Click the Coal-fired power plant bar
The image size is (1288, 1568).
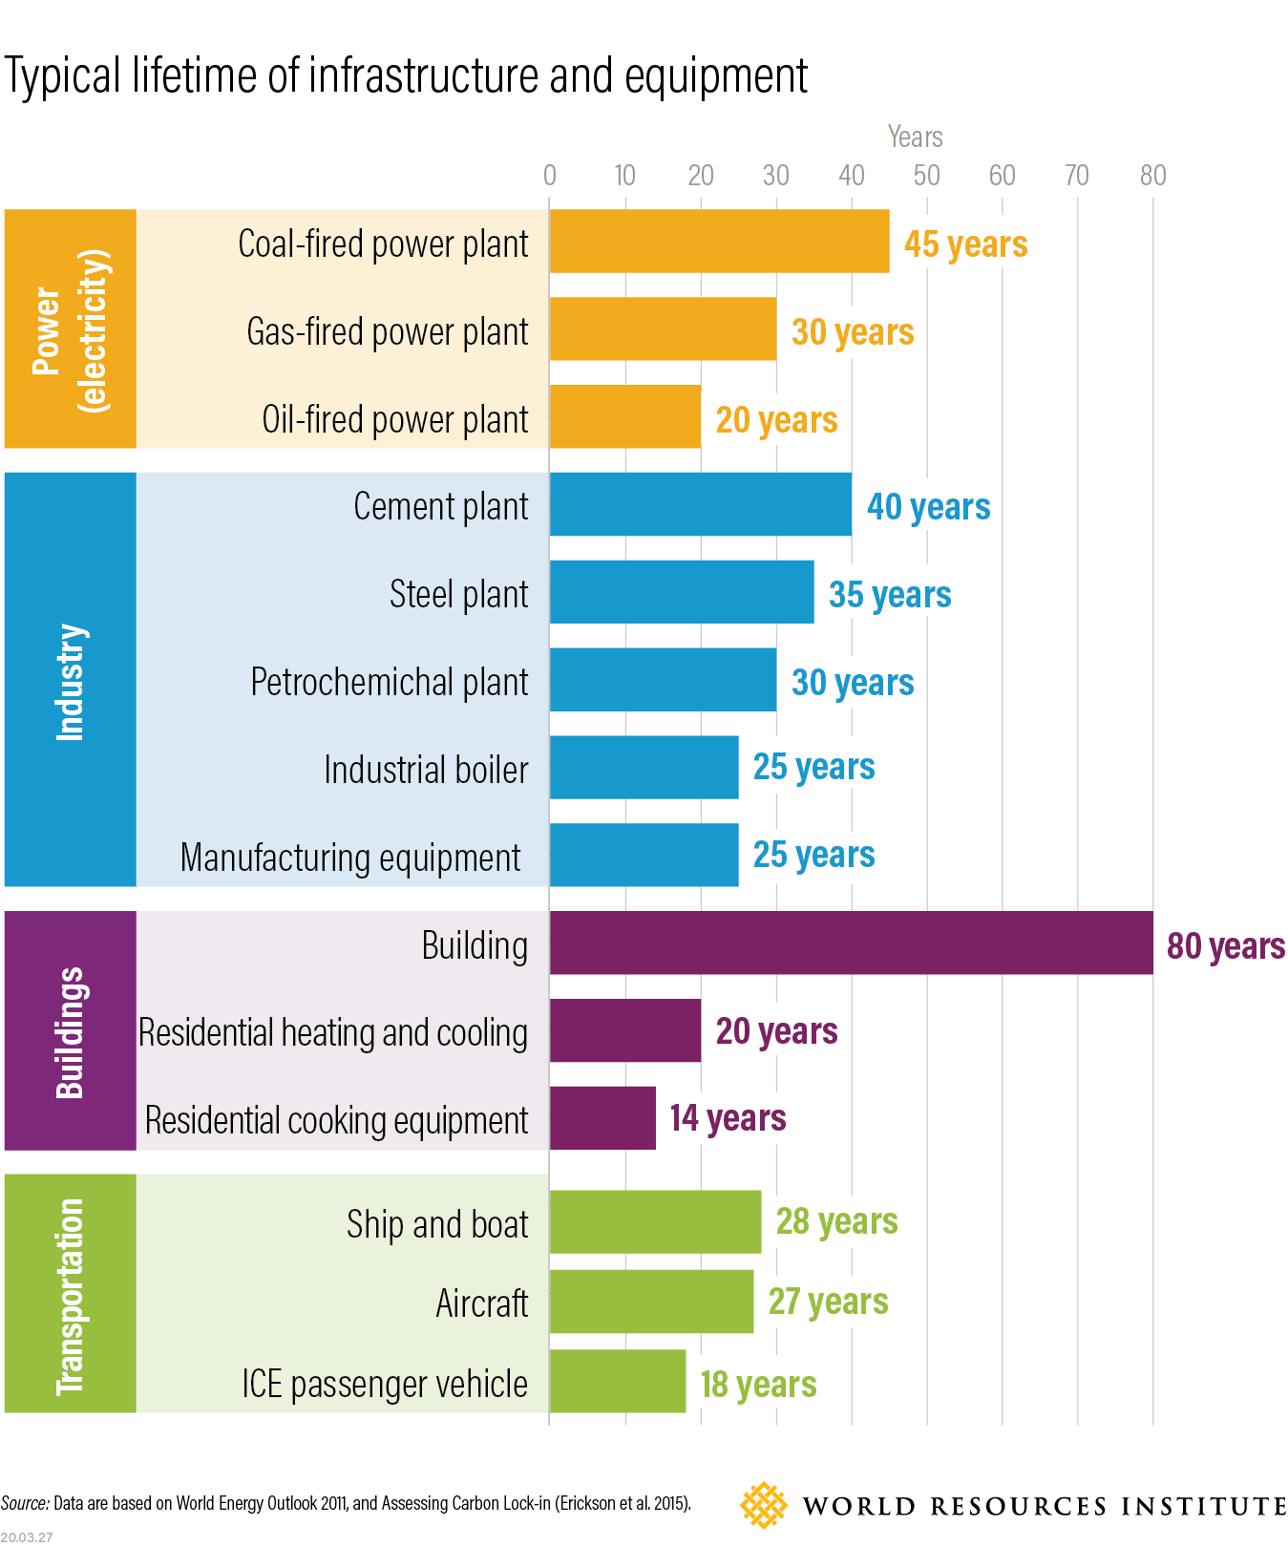[719, 242]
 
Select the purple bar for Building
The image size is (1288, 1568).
[851, 943]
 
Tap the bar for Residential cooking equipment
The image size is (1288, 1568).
[602, 1118]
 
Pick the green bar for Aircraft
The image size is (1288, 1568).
[651, 1302]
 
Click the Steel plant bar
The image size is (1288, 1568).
[682, 593]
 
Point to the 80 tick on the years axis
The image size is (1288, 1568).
[1152, 176]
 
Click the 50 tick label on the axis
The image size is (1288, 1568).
[926, 176]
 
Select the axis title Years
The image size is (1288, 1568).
[915, 138]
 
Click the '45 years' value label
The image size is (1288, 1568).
[965, 244]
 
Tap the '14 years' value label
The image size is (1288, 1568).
[728, 1118]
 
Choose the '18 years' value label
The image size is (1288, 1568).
[758, 1385]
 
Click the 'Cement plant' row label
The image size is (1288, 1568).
[440, 506]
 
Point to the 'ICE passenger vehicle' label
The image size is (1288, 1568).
[384, 1384]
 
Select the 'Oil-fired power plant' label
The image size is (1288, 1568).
[394, 420]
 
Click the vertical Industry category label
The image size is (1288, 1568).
[70, 681]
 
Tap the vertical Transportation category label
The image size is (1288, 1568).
[70, 1295]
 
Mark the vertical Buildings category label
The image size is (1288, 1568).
[70, 1032]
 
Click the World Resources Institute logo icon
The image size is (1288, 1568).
[763, 1506]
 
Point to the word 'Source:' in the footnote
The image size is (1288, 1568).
[25, 1504]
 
